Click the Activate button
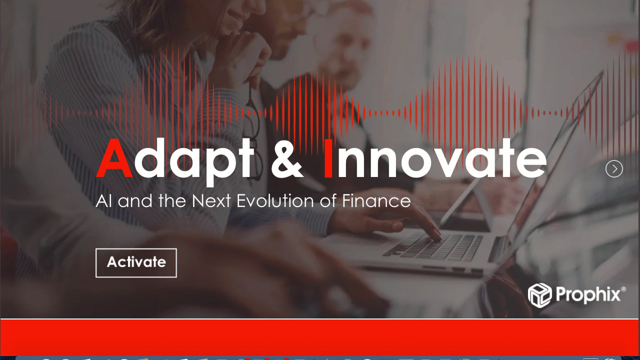pyautogui.click(x=136, y=263)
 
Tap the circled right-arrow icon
pyautogui.click(x=614, y=169)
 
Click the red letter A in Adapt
pyautogui.click(x=114, y=158)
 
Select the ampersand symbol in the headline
pyautogui.click(x=287, y=158)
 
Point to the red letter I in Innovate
pyautogui.click(x=328, y=158)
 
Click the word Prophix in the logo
pyautogui.click(x=588, y=294)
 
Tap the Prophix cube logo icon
pyautogui.click(x=539, y=295)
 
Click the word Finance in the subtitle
pyautogui.click(x=376, y=200)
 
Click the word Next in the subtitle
pyautogui.click(x=211, y=200)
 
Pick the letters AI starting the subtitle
pyautogui.click(x=103, y=200)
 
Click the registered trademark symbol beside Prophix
pyautogui.click(x=623, y=289)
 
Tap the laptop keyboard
pyautogui.click(x=434, y=247)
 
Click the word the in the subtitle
pyautogui.click(x=172, y=200)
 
